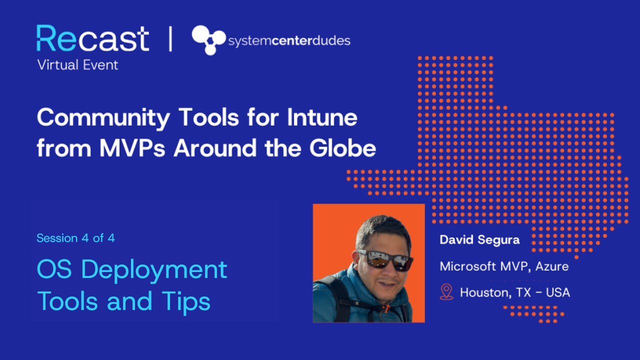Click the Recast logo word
pyautogui.click(x=92, y=38)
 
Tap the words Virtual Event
pyautogui.click(x=77, y=65)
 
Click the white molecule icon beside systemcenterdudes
pyautogui.click(x=208, y=40)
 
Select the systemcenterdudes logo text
pyautogui.click(x=289, y=41)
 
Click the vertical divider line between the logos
pyautogui.click(x=170, y=39)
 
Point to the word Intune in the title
pyautogui.click(x=321, y=118)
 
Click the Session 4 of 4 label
pyautogui.click(x=75, y=238)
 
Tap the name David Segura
pyautogui.click(x=479, y=240)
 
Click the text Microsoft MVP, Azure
pyautogui.click(x=504, y=266)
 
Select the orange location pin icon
pyautogui.click(x=446, y=292)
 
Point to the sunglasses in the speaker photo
pyautogui.click(x=385, y=259)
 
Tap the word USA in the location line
pyautogui.click(x=558, y=292)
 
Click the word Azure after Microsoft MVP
pyautogui.click(x=552, y=266)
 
